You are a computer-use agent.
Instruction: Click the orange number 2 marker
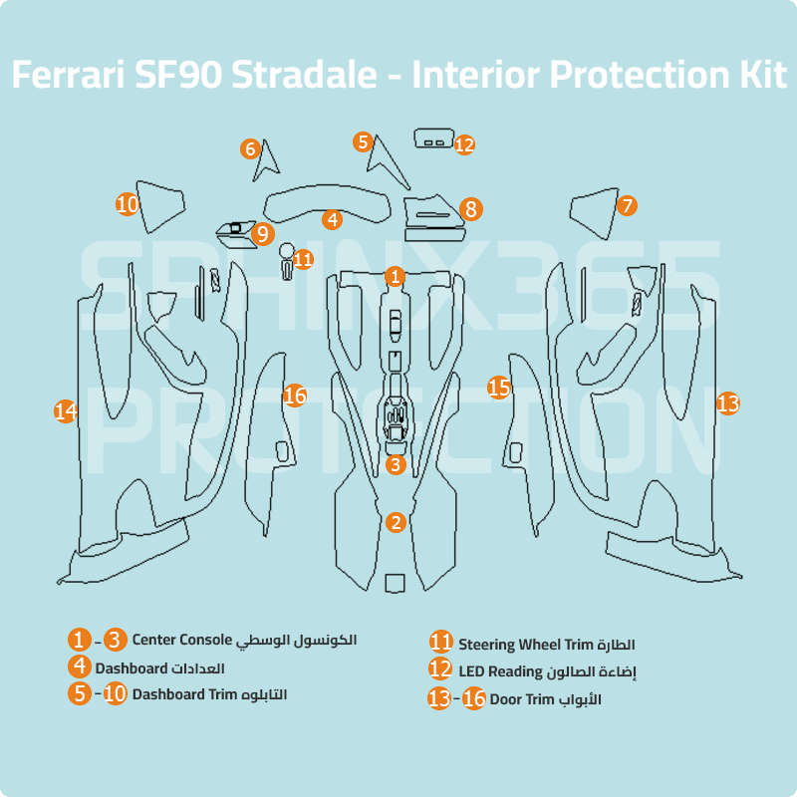point(396,522)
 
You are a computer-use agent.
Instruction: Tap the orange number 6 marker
point(251,149)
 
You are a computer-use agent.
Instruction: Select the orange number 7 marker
point(626,206)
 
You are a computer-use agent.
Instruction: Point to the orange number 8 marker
point(471,209)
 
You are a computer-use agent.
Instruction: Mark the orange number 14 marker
point(66,410)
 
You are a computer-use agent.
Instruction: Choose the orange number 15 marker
point(499,388)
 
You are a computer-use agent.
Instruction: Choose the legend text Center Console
point(181,639)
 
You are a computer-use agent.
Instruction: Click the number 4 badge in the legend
point(80,666)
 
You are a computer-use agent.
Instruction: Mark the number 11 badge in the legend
point(440,644)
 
